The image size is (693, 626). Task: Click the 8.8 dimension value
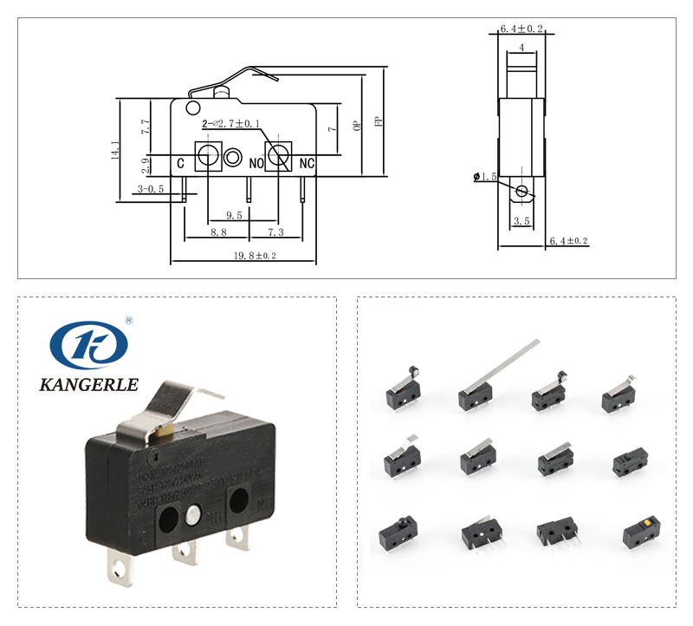pyautogui.click(x=218, y=232)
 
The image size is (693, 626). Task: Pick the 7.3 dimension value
pyautogui.click(x=275, y=232)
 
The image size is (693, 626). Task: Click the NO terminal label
pyautogui.click(x=256, y=163)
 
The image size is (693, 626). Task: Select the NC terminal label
pyautogui.click(x=306, y=163)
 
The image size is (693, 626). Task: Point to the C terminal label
pyautogui.click(x=180, y=163)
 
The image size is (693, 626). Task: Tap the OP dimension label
pyautogui.click(x=357, y=126)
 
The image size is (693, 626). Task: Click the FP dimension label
pyautogui.click(x=378, y=122)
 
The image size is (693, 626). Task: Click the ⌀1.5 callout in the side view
pyautogui.click(x=485, y=177)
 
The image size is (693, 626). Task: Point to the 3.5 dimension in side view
pyautogui.click(x=521, y=221)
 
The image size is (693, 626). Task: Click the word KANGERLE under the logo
pyautogui.click(x=88, y=383)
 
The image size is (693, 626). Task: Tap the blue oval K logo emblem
pyautogui.click(x=88, y=345)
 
